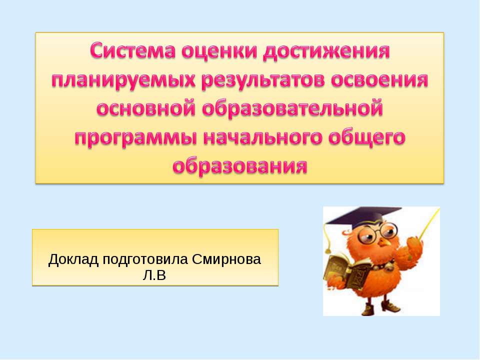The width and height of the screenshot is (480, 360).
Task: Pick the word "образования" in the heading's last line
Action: [x=239, y=165]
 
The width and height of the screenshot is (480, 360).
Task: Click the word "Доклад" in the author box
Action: [x=73, y=260]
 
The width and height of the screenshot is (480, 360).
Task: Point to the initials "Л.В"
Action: [x=154, y=274]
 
